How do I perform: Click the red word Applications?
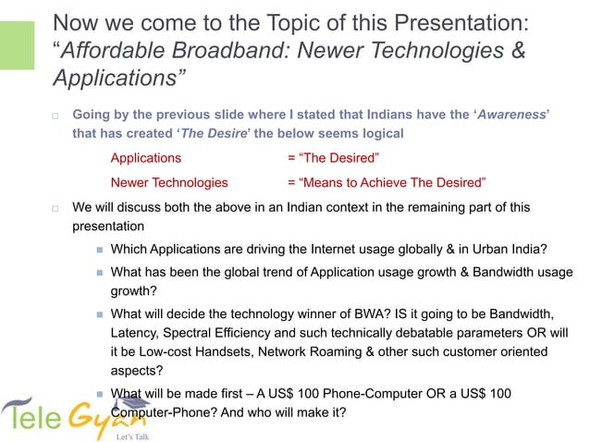click(145, 157)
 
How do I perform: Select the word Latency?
click(137, 332)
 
